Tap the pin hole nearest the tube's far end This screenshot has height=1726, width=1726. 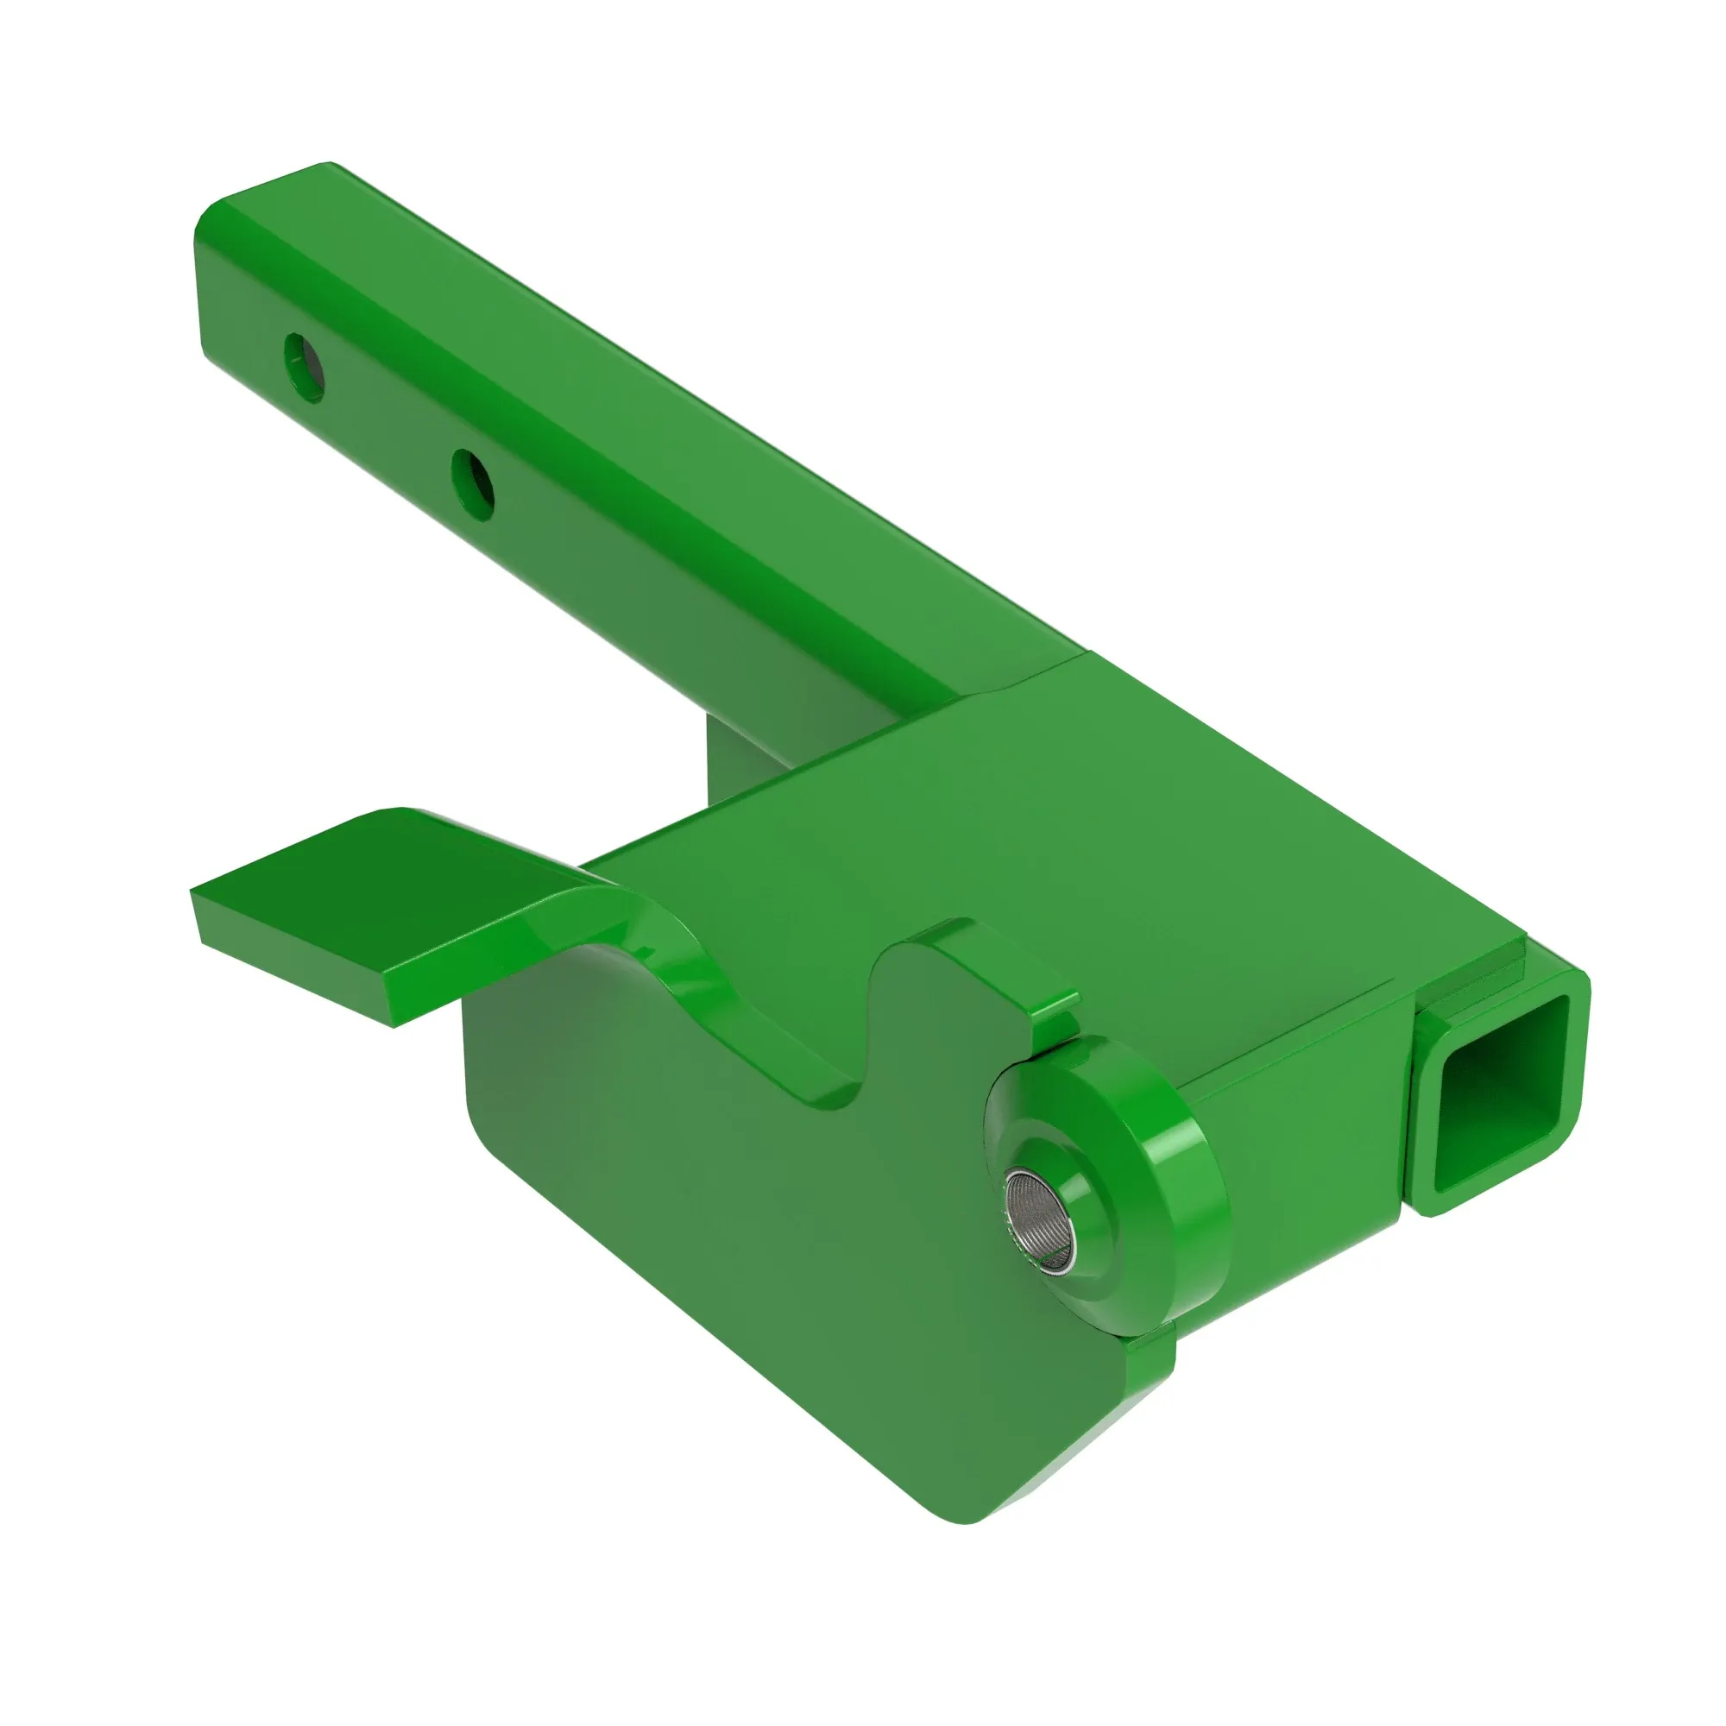pyautogui.click(x=304, y=367)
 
